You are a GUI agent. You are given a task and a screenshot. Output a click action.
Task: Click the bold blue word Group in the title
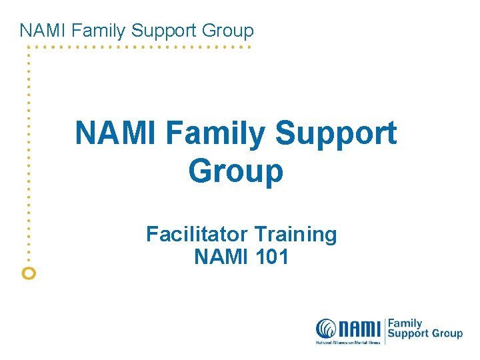pyautogui.click(x=236, y=171)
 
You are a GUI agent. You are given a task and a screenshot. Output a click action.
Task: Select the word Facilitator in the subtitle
pyautogui.click(x=197, y=234)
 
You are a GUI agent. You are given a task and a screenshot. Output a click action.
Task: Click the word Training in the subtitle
pyautogui.click(x=295, y=234)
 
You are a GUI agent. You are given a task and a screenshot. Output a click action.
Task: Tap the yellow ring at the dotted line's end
pyautogui.click(x=29, y=272)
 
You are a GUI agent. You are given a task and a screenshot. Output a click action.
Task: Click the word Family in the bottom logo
pyautogui.click(x=405, y=323)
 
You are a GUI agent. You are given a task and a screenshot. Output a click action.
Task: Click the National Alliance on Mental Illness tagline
pyautogui.click(x=348, y=343)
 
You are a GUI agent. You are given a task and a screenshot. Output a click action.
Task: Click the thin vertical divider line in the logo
pyautogui.click(x=385, y=330)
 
